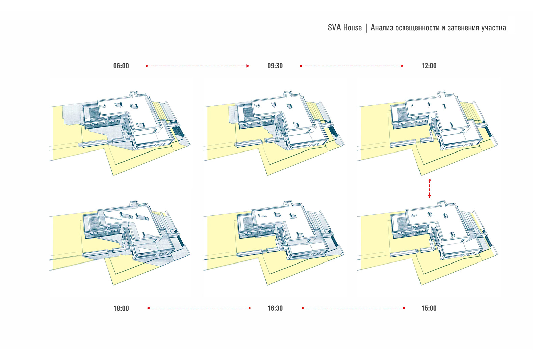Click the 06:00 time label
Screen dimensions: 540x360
121,66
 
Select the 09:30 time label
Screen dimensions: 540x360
275,66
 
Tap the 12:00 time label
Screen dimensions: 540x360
429,66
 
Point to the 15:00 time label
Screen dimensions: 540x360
429,308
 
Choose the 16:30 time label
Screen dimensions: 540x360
275,308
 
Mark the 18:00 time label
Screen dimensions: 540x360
121,308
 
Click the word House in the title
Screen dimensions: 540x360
352,28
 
